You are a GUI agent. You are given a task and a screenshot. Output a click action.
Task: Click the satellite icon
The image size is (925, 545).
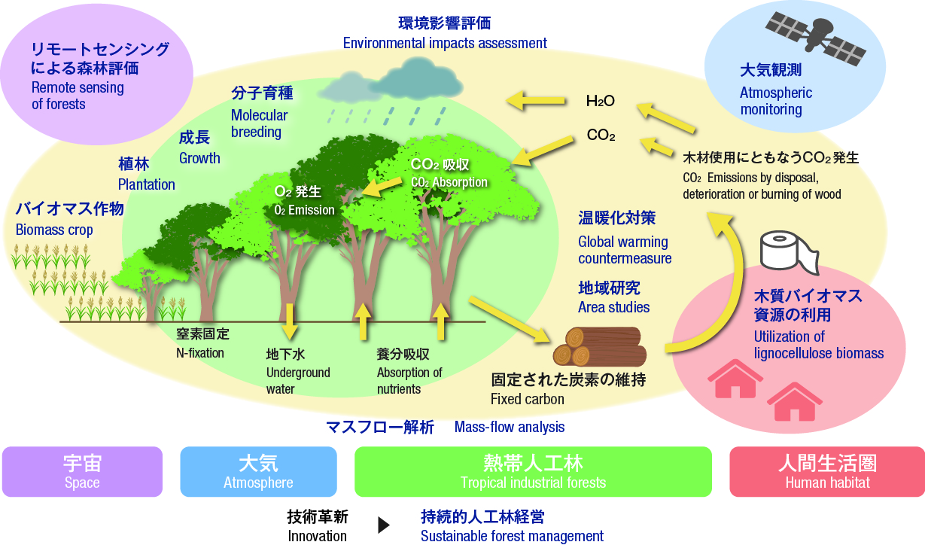pos(816,38)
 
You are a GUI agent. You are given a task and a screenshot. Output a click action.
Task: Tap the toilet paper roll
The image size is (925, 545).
pos(789,253)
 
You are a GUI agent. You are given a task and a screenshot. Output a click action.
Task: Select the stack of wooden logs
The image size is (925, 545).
pos(600,347)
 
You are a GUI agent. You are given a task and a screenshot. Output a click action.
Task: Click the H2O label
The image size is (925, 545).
pos(601,101)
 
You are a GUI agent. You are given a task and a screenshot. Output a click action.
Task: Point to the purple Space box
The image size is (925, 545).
pos(82,471)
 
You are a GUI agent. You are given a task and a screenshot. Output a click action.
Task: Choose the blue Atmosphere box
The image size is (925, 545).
pos(258,471)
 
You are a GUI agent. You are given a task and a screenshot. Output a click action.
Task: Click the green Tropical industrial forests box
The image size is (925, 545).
pos(533,471)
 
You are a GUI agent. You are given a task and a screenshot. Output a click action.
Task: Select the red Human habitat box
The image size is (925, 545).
pos(827,471)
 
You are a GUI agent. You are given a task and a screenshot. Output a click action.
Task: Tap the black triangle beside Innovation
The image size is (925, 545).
pos(384,525)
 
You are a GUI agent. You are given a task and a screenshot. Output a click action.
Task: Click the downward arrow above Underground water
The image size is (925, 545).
pos(290,321)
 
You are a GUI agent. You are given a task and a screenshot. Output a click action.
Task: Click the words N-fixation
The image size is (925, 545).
pos(200,353)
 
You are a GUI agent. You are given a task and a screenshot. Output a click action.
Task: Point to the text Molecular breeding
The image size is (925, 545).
pos(260,123)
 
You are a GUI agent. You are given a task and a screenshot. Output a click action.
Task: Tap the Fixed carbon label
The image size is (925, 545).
pos(528,399)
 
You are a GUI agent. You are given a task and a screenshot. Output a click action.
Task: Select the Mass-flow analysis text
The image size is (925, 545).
pos(510,427)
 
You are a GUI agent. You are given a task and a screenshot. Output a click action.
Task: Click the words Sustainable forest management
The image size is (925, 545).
pos(512,536)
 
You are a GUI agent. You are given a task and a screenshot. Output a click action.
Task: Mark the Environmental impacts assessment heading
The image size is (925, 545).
pos(445,43)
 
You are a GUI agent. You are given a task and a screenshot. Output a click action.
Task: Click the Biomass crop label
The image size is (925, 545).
pos(54,230)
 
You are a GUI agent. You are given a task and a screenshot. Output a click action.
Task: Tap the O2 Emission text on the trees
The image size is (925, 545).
pos(304,210)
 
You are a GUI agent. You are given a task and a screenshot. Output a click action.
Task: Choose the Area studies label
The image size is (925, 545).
pos(613,308)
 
